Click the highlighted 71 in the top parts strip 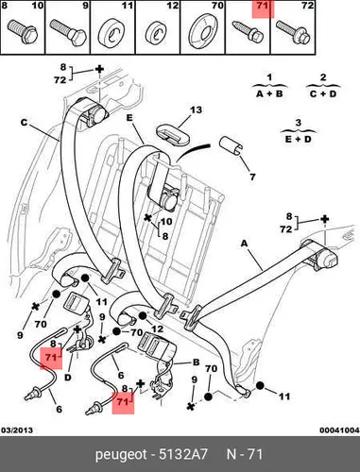click(263, 6)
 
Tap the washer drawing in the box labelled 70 click(202, 31)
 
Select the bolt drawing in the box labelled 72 click(295, 33)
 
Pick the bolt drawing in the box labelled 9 click(68, 32)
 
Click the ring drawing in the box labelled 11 click(112, 34)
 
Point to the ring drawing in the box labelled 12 click(158, 33)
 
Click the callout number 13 click(196, 110)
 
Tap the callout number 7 click(252, 177)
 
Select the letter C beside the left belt click(24, 122)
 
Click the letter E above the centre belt click(129, 118)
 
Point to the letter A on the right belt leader click(245, 244)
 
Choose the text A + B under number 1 click(269, 93)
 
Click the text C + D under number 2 click(323, 93)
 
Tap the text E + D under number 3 click(298, 139)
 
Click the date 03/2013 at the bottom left click(17, 430)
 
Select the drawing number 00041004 click(339, 430)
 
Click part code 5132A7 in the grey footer click(183, 454)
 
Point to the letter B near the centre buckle click(196, 362)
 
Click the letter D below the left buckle click(68, 377)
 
